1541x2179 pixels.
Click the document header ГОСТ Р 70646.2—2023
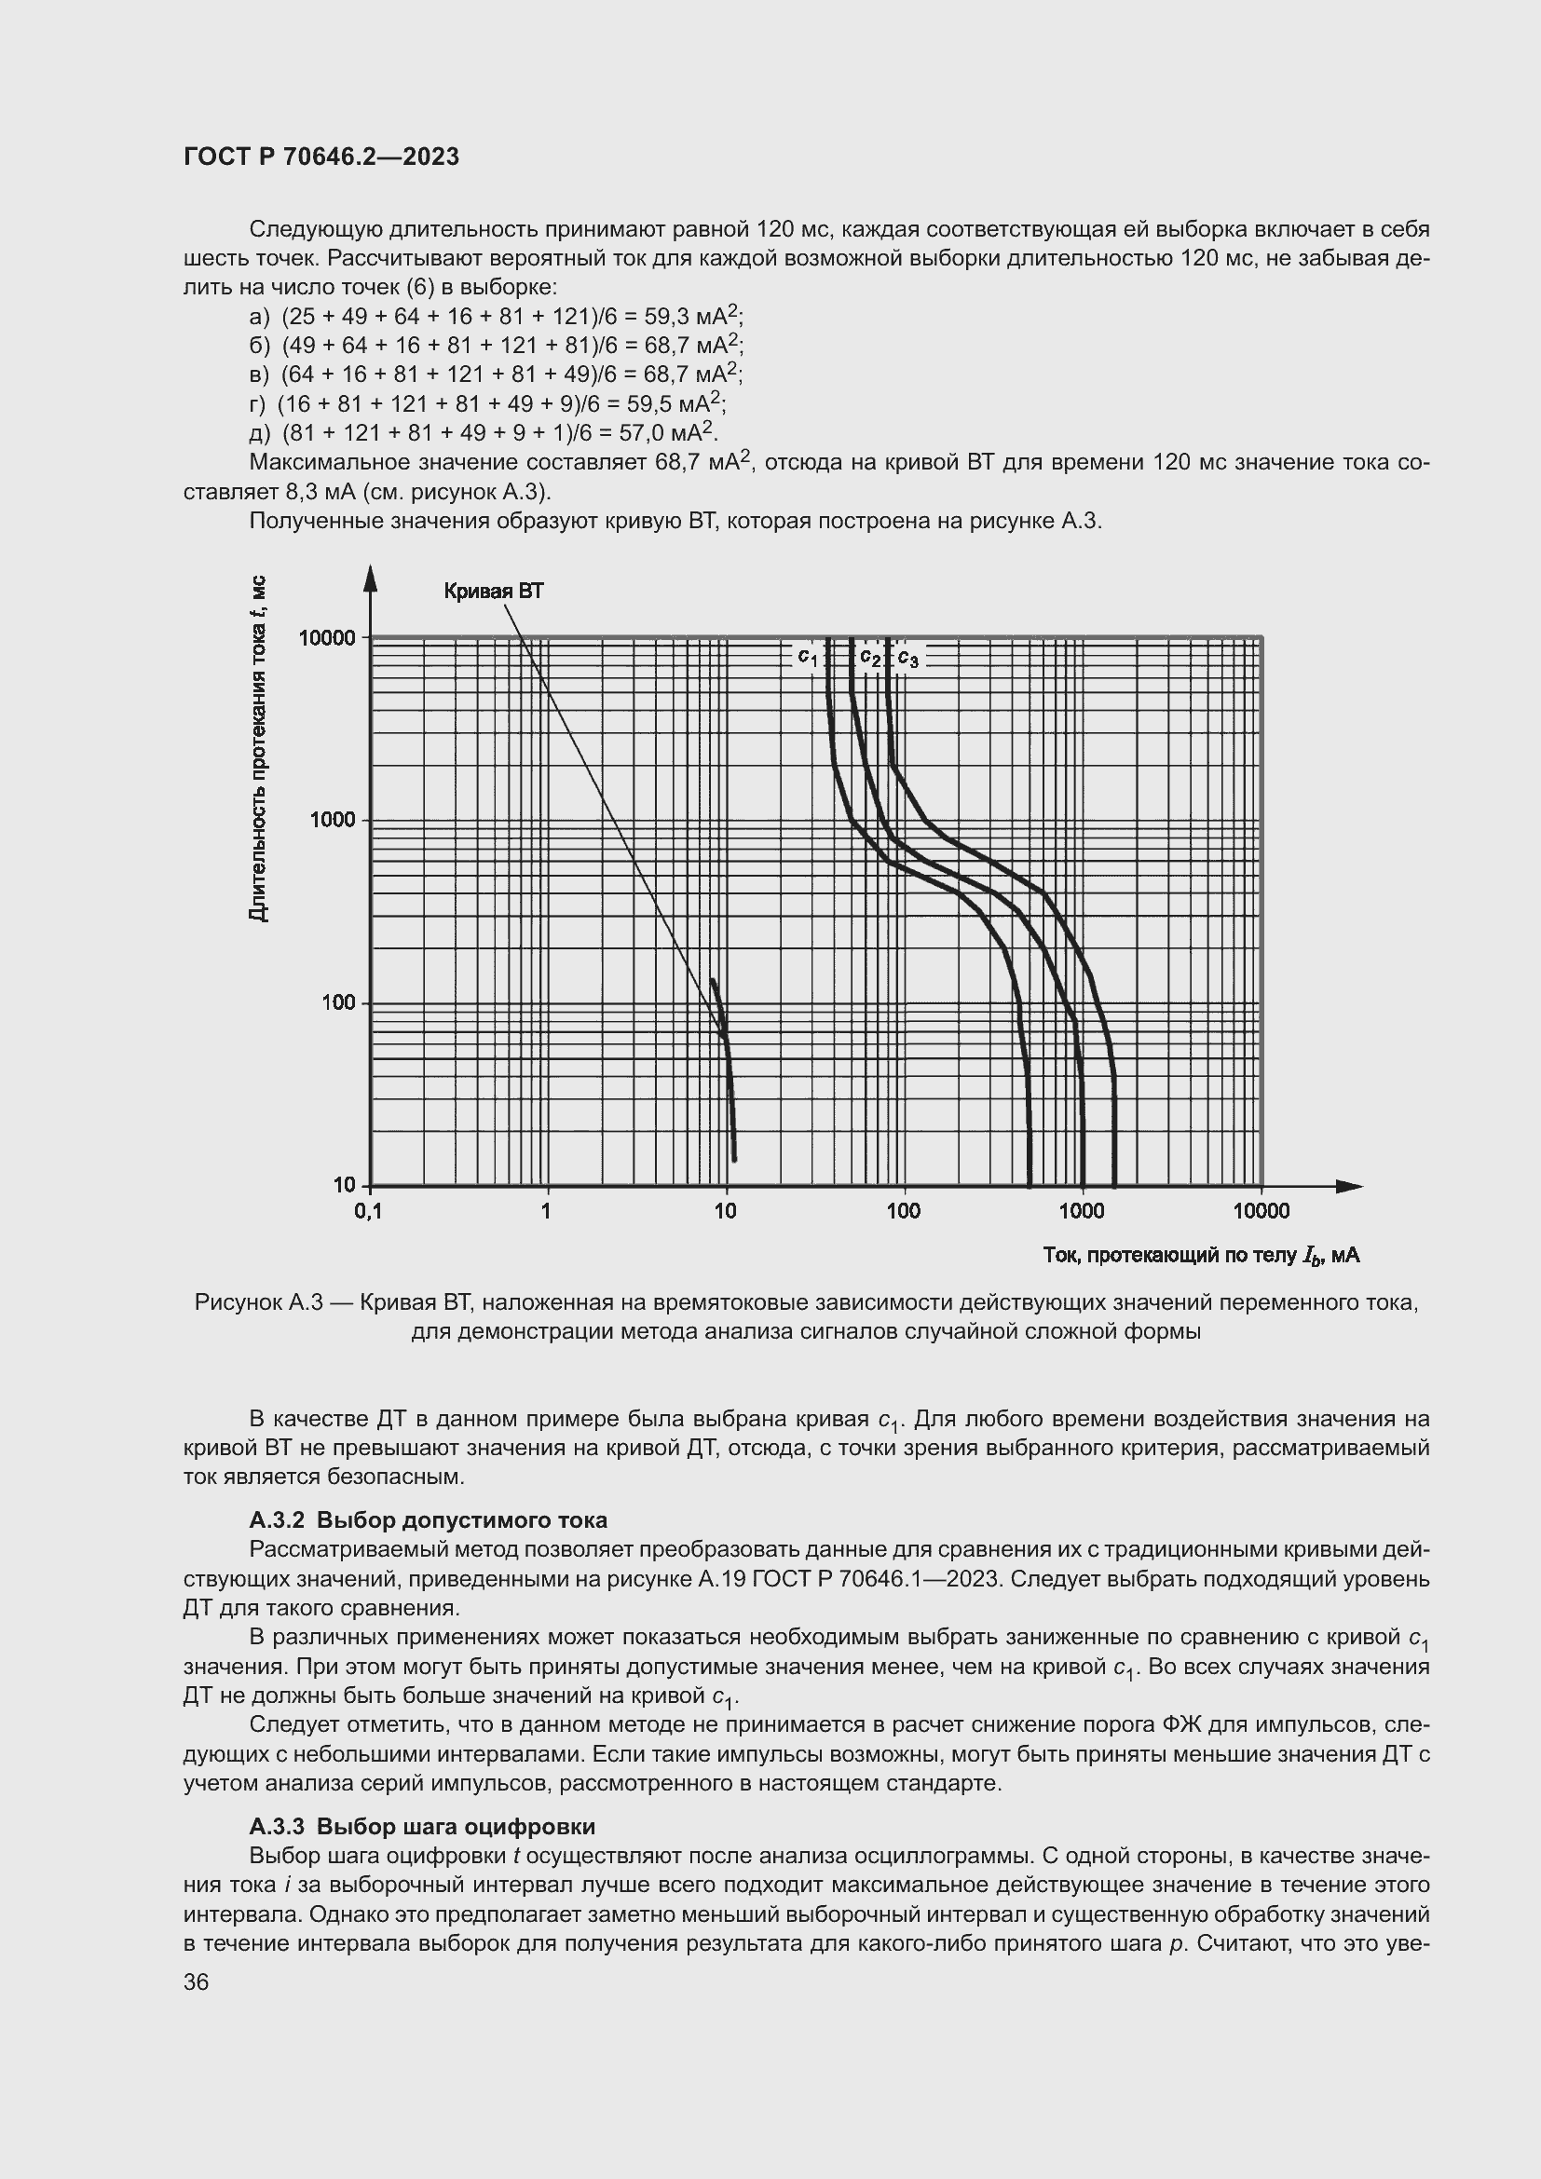[x=321, y=157]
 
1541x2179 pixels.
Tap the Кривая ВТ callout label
[x=494, y=592]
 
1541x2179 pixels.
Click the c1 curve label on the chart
[x=807, y=657]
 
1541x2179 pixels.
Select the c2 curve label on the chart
[x=870, y=657]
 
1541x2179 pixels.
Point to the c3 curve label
[x=907, y=658]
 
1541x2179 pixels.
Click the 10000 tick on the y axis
[x=326, y=638]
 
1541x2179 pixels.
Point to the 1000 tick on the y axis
[x=332, y=820]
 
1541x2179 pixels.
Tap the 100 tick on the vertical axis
[x=338, y=1003]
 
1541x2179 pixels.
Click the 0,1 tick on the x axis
[x=368, y=1211]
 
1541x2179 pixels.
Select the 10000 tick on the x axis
[x=1261, y=1211]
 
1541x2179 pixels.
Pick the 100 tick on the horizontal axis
[x=904, y=1211]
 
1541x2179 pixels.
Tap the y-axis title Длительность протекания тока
[x=257, y=749]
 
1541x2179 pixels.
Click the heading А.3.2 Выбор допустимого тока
[x=428, y=1520]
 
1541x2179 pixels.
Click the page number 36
[x=196, y=1982]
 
